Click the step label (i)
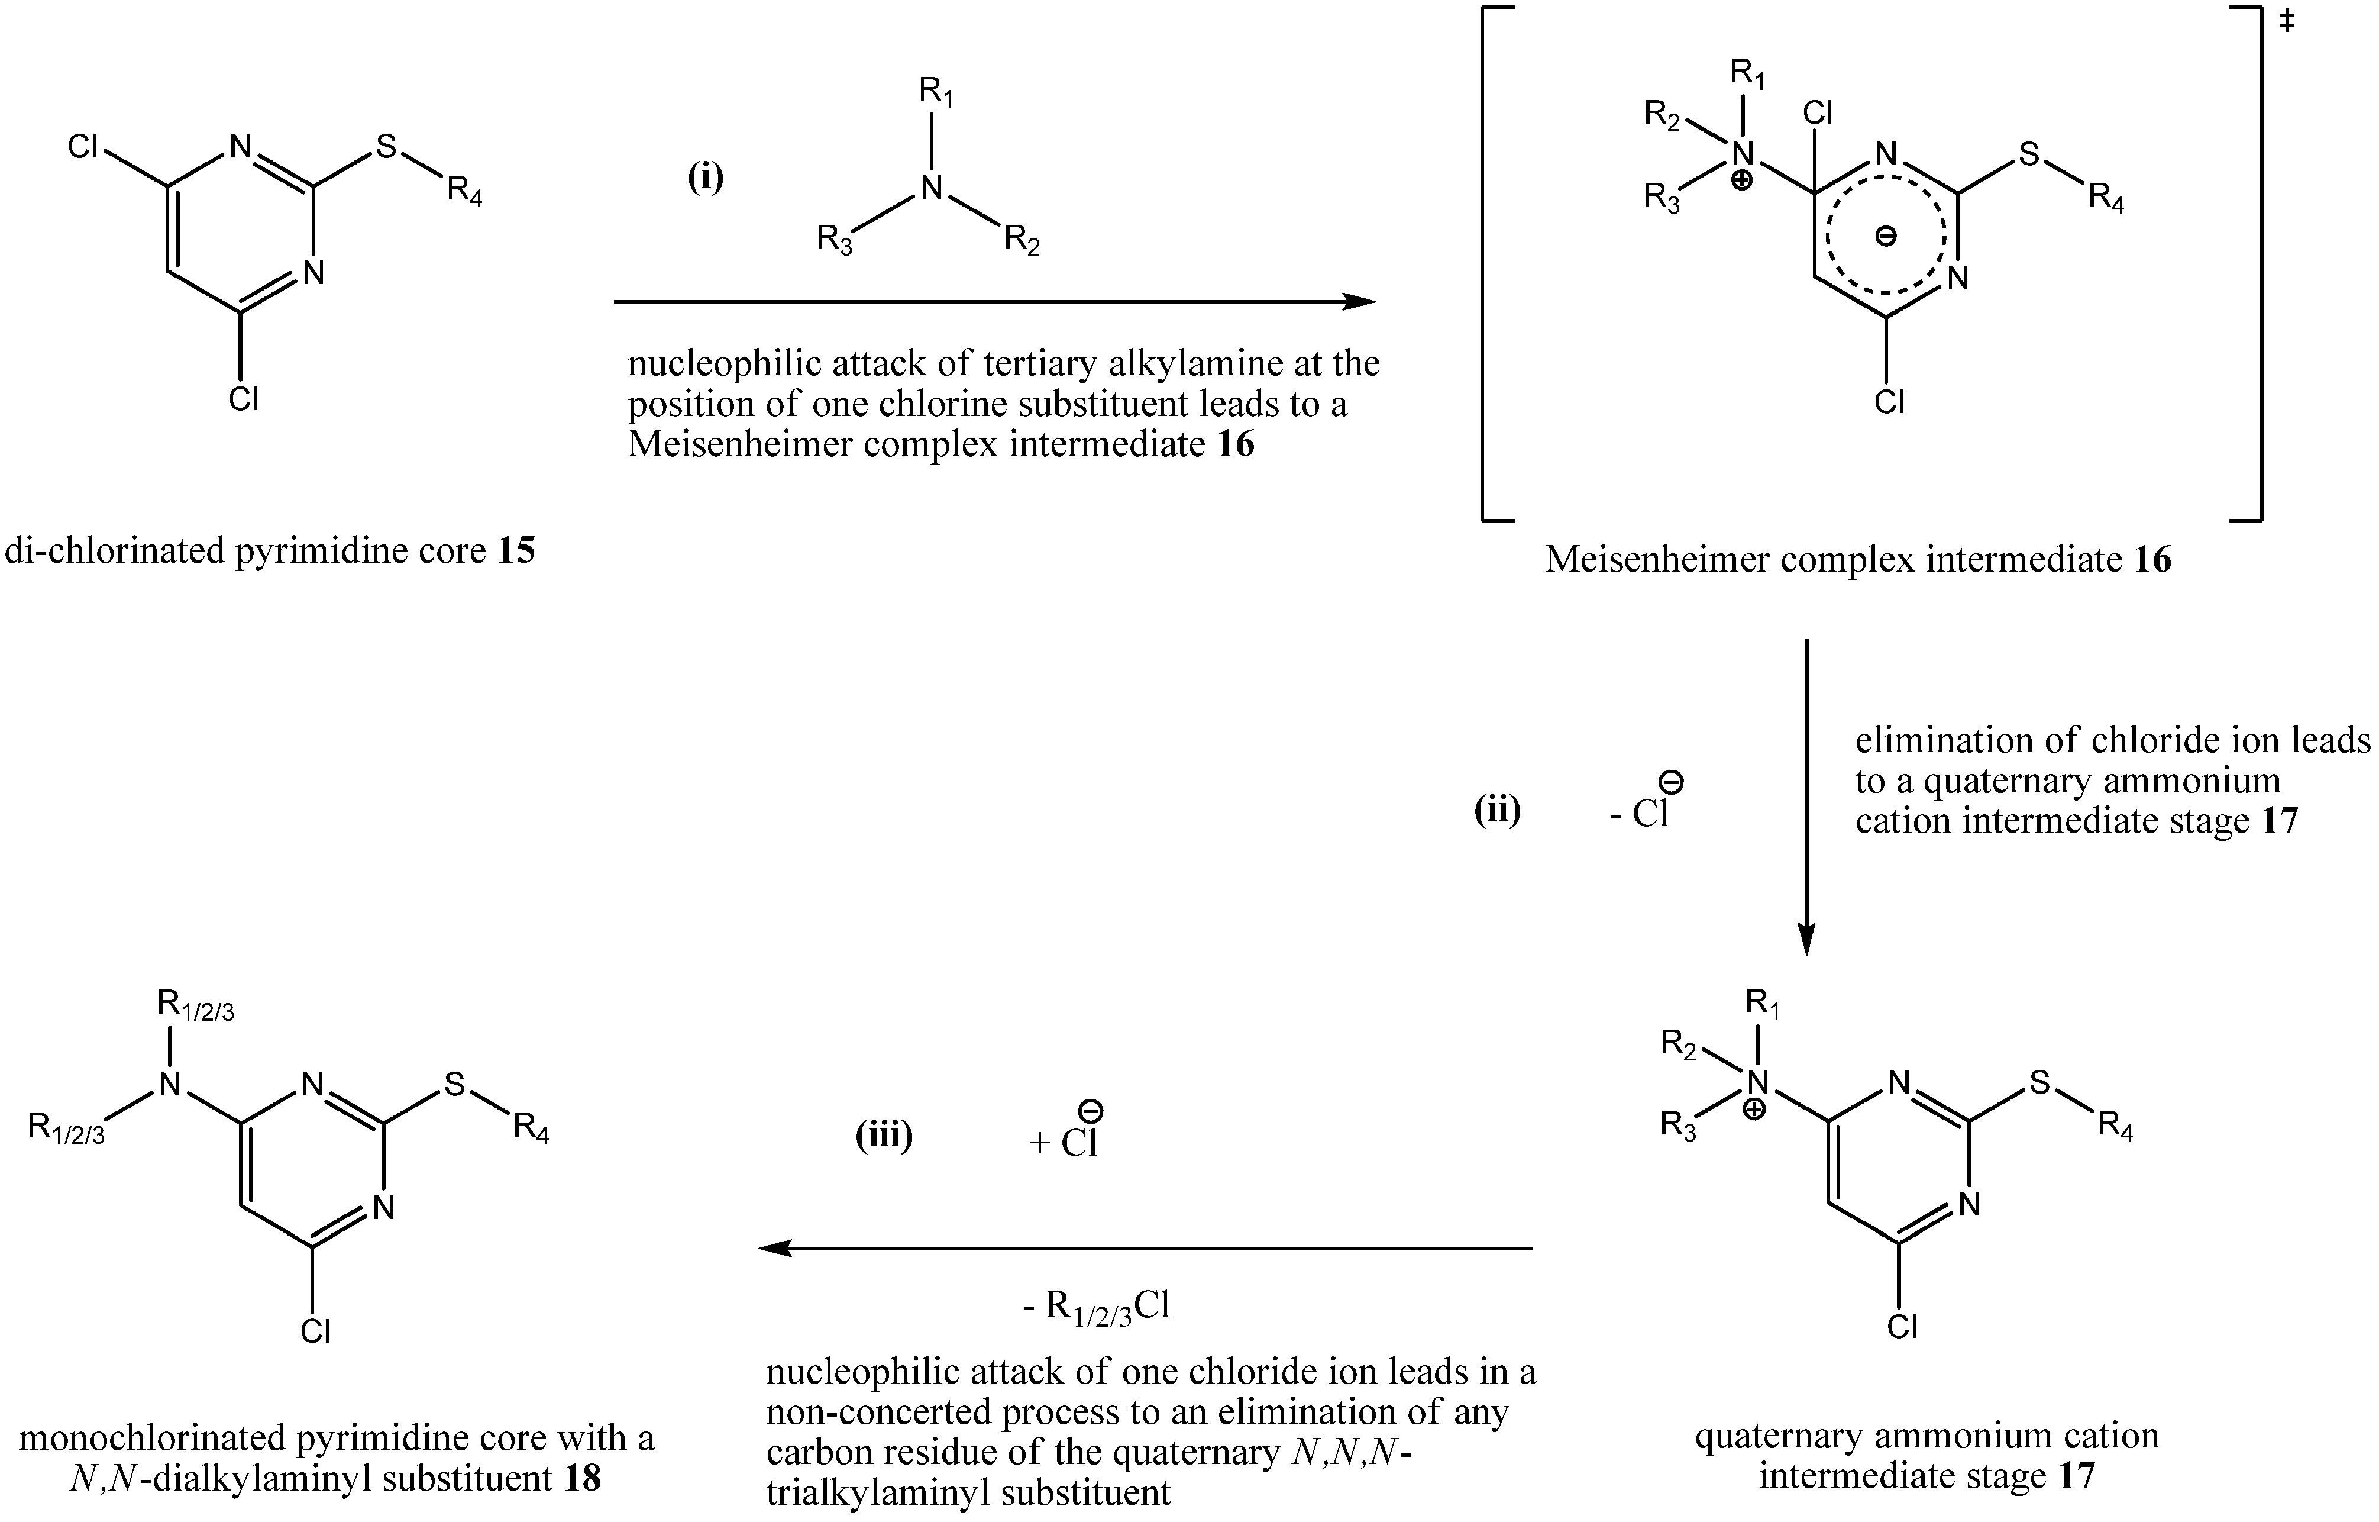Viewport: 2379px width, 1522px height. pos(706,178)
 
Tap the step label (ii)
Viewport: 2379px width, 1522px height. pos(1496,811)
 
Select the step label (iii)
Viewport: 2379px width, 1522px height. pos(883,1137)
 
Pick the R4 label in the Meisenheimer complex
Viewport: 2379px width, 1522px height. pos(2105,199)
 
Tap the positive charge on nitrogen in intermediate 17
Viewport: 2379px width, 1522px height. pos(1754,1110)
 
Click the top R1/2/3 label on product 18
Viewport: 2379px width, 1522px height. pos(196,1007)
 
